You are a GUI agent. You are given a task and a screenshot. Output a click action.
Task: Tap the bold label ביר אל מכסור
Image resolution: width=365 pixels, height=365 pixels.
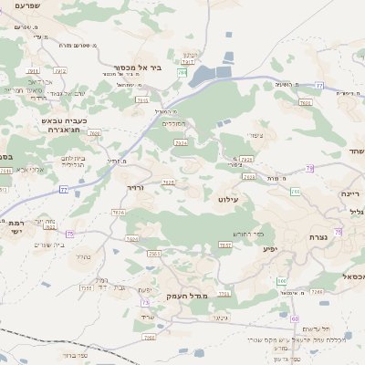tap(162, 67)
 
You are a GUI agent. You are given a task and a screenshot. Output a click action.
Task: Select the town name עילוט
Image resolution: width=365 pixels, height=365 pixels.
tap(228, 198)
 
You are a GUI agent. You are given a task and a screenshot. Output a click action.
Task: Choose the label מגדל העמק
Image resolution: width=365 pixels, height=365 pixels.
tap(188, 297)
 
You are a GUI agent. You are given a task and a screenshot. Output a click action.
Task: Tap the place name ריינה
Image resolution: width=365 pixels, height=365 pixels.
tap(351, 193)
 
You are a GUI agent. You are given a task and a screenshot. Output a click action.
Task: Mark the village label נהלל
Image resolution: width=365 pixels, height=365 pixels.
tap(82, 258)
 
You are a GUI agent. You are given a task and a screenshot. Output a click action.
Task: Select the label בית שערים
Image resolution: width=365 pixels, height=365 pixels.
tap(47, 244)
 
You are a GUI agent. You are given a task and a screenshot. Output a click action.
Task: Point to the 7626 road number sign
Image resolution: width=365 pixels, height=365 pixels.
tap(119, 212)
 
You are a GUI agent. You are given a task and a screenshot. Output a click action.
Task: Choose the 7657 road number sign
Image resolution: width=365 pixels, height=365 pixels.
tap(224, 245)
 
